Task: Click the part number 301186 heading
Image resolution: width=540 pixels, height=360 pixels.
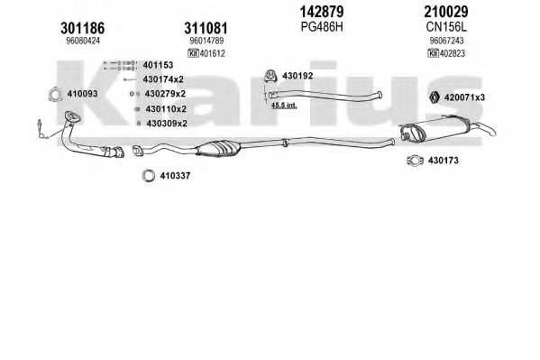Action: [x=83, y=28]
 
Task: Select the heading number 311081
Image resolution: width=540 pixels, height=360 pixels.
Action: [x=206, y=28]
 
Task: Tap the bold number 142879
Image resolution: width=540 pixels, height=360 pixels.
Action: [x=322, y=12]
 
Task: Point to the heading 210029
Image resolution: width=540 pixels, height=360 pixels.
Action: [x=446, y=12]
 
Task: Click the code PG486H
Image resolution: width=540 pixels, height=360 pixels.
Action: [x=322, y=26]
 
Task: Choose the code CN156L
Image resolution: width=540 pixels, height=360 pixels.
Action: [x=446, y=26]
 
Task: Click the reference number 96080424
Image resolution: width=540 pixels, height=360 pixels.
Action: [x=83, y=41]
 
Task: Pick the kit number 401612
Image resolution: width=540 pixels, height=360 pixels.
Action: [x=212, y=53]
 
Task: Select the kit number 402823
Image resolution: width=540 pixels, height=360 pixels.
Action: [x=453, y=53]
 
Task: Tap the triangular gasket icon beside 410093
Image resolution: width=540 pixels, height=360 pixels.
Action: [x=54, y=95]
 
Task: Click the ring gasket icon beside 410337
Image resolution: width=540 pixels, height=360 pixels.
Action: [x=149, y=176]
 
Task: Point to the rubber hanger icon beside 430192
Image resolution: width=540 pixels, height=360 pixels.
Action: [x=270, y=76]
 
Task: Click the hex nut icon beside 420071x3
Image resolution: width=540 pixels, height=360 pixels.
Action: [x=435, y=97]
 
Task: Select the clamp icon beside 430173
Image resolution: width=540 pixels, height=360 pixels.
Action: [x=415, y=161]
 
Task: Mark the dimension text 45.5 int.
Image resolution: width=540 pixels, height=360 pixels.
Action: [x=284, y=106]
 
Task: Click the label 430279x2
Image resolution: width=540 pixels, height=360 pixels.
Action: [x=165, y=94]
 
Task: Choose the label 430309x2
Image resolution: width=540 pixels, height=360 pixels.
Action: [x=167, y=123]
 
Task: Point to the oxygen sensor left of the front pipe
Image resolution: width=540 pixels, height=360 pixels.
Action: [x=41, y=128]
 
